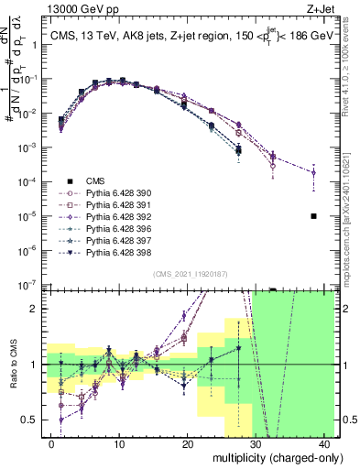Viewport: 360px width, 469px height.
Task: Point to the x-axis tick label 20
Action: pos(188,443)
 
